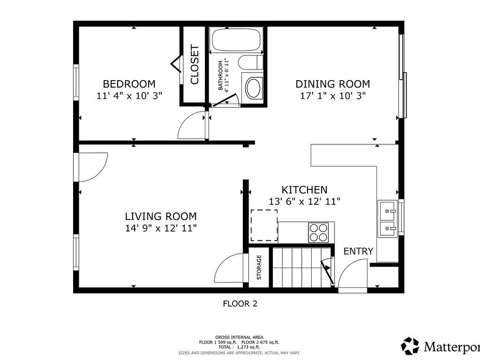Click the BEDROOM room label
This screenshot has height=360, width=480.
(x=129, y=84)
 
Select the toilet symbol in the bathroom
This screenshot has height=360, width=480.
(x=250, y=62)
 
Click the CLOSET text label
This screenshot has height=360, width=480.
(x=195, y=64)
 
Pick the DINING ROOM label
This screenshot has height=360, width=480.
(x=332, y=84)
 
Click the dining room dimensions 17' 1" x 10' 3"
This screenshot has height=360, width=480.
(x=333, y=96)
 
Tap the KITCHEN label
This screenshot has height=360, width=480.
(x=304, y=190)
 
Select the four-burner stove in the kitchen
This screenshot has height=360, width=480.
(x=318, y=232)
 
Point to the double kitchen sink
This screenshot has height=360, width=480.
(x=387, y=219)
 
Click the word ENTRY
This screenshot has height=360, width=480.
(x=358, y=251)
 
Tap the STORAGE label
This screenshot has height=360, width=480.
(x=259, y=267)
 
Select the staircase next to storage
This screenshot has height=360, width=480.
(x=302, y=268)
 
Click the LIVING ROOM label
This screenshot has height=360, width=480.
(x=161, y=217)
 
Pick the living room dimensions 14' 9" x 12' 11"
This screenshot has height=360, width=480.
(x=161, y=228)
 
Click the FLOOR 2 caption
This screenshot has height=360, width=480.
(x=240, y=304)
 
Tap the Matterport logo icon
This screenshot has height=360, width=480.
(x=410, y=346)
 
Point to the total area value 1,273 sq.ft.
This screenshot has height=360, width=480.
(x=248, y=347)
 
